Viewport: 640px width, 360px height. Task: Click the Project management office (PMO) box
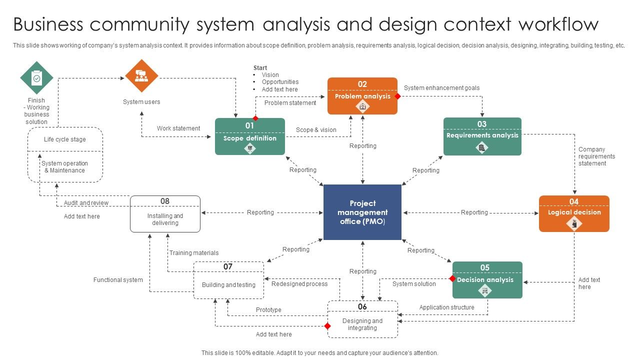(x=362, y=212)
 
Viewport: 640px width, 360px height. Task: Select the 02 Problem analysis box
(x=362, y=96)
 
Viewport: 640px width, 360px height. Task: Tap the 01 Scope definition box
(x=250, y=136)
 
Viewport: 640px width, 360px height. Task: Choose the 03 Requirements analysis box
(x=482, y=136)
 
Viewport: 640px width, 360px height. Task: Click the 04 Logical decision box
(x=574, y=213)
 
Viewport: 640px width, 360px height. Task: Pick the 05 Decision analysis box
(x=487, y=280)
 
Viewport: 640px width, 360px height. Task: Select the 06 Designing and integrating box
(x=362, y=320)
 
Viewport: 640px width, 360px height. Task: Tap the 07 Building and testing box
(x=228, y=280)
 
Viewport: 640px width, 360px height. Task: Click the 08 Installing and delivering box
(x=165, y=214)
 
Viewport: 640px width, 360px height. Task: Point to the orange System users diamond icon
(x=141, y=76)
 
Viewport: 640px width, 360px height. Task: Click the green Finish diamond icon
(x=36, y=77)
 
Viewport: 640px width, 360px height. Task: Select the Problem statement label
(x=290, y=103)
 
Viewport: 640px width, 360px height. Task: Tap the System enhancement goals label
(x=441, y=88)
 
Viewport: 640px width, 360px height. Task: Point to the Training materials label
(x=193, y=253)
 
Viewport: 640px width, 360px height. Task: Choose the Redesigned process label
(x=299, y=284)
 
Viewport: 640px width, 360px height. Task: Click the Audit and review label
(x=86, y=203)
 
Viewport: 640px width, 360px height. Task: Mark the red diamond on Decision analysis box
(x=452, y=279)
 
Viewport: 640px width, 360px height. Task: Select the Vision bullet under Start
(x=270, y=75)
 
